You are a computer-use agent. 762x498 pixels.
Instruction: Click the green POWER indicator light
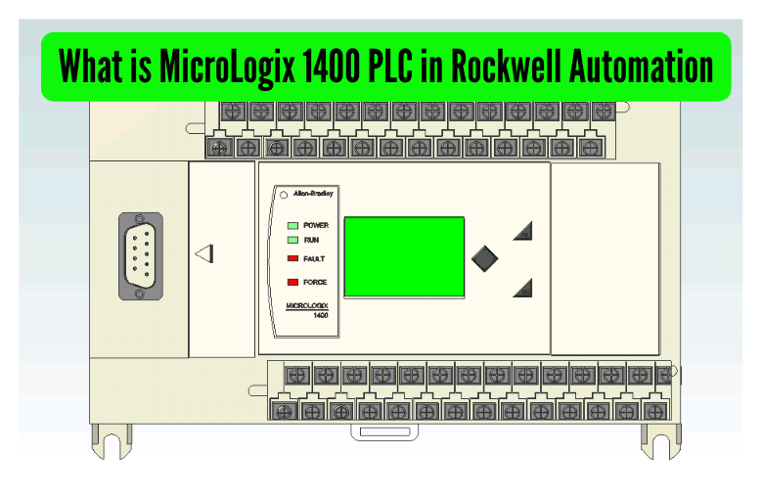pos(292,225)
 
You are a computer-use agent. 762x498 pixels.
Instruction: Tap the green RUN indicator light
pos(292,239)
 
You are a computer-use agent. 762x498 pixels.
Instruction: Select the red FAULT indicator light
pos(292,258)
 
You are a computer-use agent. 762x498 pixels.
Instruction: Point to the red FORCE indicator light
pos(292,282)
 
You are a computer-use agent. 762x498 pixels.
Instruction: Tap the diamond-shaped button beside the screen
pos(485,258)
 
